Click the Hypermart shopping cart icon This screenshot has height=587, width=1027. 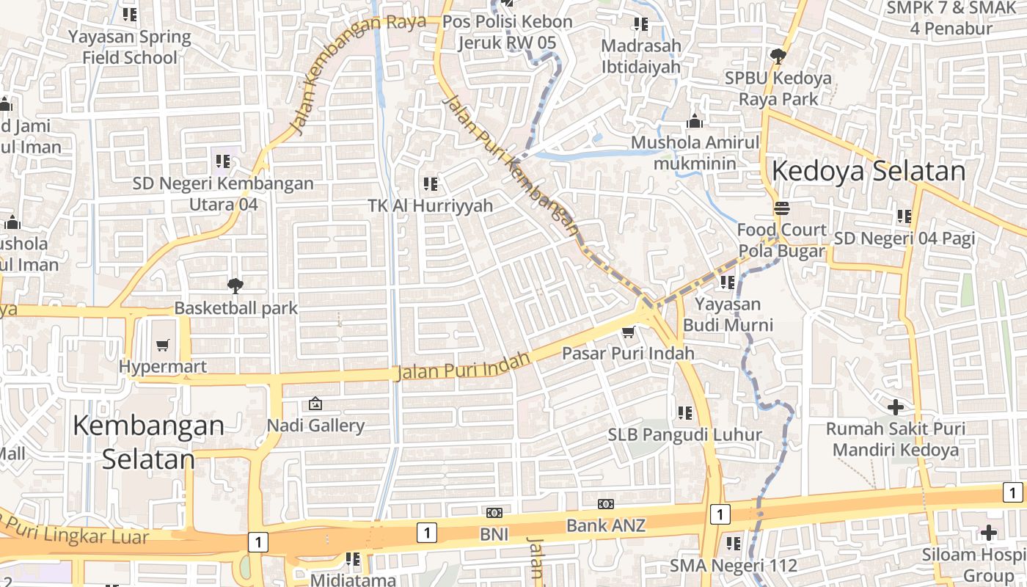coord(163,344)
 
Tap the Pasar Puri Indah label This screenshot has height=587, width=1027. coord(628,354)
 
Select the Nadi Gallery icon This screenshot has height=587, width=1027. coord(315,403)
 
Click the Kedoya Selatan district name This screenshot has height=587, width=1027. coord(869,171)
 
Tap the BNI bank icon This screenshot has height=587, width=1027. coord(494,512)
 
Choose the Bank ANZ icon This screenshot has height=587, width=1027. coord(605,504)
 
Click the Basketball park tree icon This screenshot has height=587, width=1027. coord(235,285)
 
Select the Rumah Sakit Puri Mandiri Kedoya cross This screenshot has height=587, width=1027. coord(895,406)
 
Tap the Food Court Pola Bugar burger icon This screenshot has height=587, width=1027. coord(782,208)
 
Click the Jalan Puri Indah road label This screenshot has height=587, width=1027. coord(463,365)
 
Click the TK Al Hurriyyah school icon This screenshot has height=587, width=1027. coord(431,183)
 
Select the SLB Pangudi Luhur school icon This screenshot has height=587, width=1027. coord(685,413)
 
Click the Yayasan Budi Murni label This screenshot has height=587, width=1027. coord(728,314)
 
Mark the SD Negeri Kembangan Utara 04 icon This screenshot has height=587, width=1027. coord(222,161)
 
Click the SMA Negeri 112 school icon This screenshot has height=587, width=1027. coord(733,544)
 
